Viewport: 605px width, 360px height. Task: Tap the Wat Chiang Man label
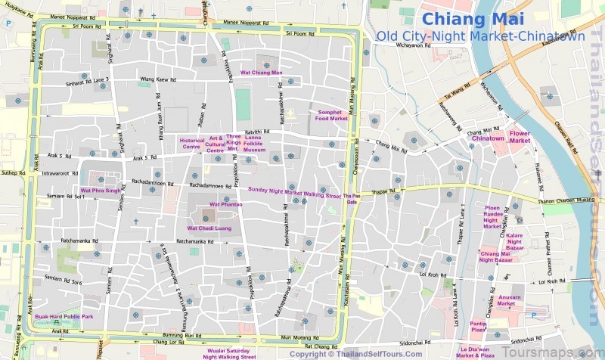pos(261,73)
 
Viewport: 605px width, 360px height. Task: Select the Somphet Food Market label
pos(331,115)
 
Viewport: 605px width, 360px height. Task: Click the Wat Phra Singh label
pos(100,190)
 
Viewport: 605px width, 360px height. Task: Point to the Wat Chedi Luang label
pos(209,228)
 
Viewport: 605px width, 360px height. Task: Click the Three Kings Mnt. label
pos(233,143)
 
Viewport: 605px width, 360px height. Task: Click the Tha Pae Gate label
pos(352,199)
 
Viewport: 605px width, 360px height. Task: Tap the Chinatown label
pos(488,138)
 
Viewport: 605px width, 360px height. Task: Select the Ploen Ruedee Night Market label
pos(492,216)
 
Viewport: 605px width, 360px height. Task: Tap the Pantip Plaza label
pos(479,327)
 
